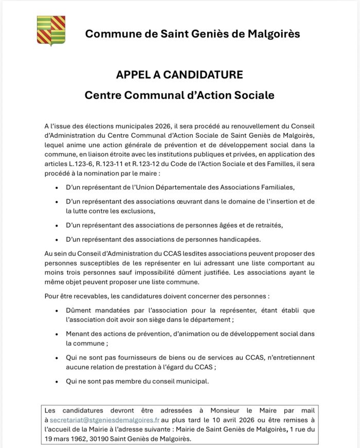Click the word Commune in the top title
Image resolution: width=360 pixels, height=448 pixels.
(107, 34)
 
